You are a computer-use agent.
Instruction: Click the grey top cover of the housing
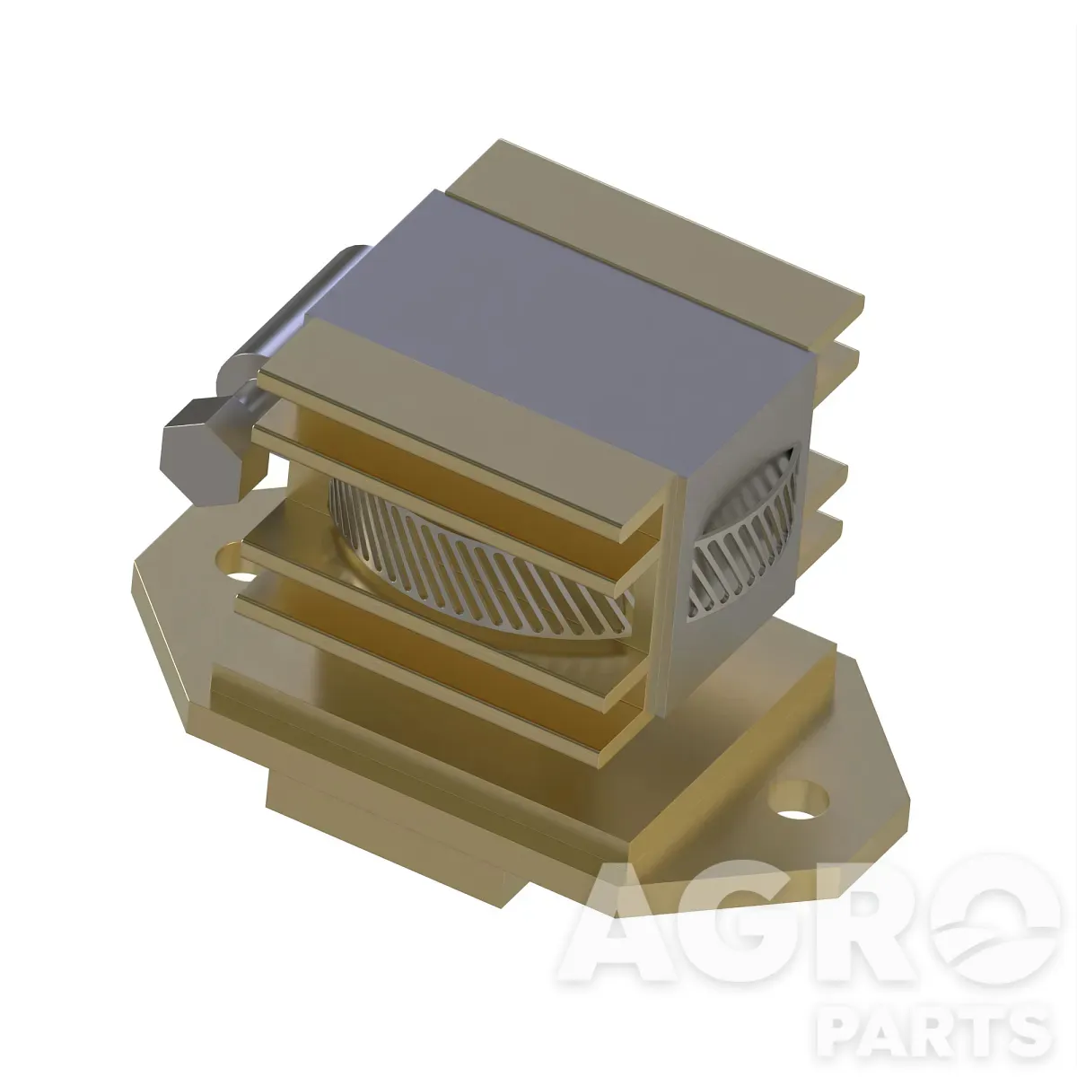coord(559,313)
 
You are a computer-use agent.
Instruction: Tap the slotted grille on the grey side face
coord(743,537)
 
